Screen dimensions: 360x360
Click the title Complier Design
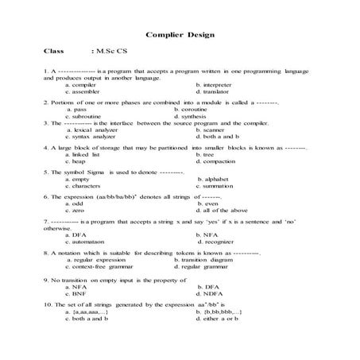pos(180,36)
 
